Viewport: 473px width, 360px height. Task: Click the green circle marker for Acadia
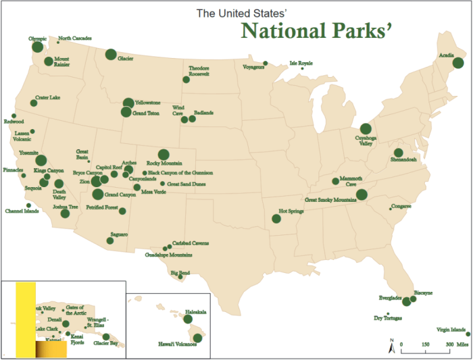point(457,63)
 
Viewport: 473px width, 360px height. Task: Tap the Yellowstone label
point(147,103)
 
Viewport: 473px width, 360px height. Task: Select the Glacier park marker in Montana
point(110,54)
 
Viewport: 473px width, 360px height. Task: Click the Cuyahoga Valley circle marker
point(366,128)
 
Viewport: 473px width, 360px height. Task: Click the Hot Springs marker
point(276,219)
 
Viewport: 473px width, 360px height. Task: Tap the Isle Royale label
point(301,63)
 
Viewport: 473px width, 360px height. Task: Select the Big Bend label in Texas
point(180,274)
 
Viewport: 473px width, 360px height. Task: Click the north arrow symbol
point(391,347)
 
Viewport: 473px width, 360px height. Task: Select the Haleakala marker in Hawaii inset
point(188,319)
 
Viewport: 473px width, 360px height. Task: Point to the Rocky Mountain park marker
point(163,154)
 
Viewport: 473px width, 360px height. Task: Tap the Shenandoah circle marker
point(399,153)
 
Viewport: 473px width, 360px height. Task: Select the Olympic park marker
point(39,47)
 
